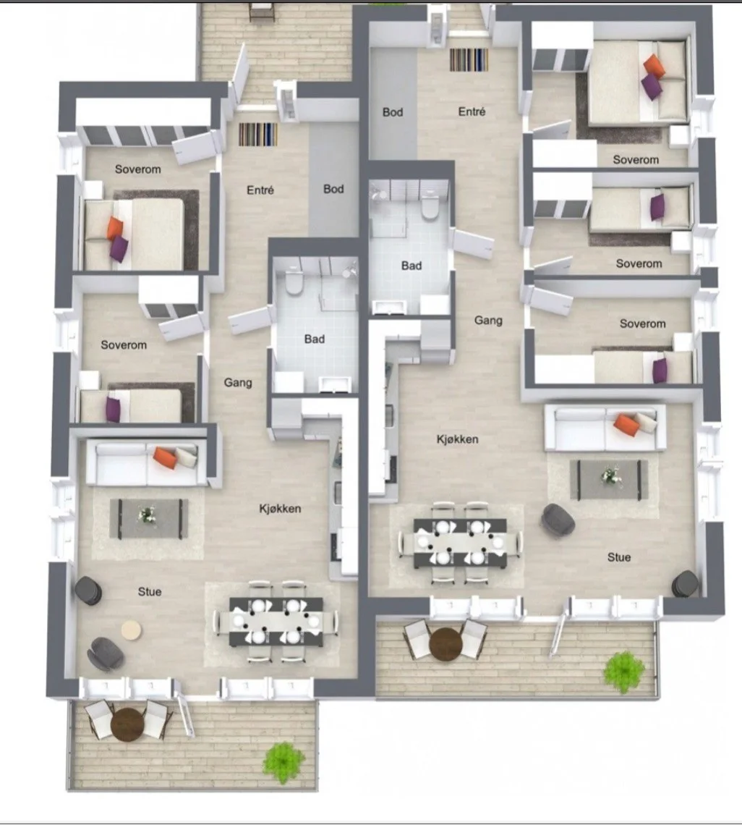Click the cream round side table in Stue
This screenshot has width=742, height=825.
click(x=131, y=630)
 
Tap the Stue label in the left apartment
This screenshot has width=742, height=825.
click(x=150, y=592)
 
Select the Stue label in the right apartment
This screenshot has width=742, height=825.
click(x=619, y=557)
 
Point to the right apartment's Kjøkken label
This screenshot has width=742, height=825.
click(x=458, y=439)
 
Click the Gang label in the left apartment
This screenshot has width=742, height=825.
click(x=238, y=383)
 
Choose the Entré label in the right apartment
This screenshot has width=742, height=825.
click(x=472, y=111)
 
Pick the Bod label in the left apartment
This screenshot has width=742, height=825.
click(x=333, y=189)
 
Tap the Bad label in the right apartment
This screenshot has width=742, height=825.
click(x=411, y=266)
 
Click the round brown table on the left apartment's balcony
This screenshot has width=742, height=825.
click(x=127, y=724)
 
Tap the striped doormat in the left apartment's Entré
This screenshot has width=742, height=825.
click(x=258, y=134)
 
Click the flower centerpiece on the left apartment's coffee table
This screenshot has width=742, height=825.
click(x=148, y=515)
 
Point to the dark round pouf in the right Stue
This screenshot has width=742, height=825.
click(x=686, y=583)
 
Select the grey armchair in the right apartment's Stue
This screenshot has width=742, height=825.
click(x=558, y=519)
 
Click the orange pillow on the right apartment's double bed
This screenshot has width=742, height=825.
click(x=654, y=66)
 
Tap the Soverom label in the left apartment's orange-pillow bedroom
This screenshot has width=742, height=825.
click(x=138, y=169)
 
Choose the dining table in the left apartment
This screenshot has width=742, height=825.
click(x=276, y=622)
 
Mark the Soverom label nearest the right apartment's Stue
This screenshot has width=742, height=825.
click(x=643, y=323)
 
